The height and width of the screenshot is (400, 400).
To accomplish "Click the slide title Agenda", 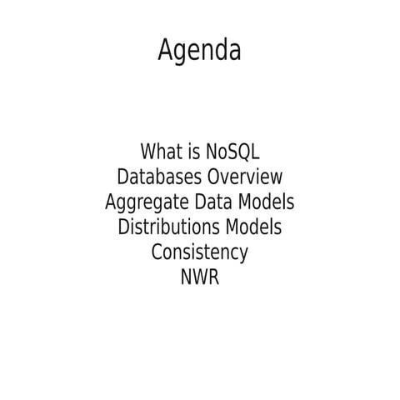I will pos(199,52).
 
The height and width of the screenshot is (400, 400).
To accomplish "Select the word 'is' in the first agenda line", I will pos(195,152).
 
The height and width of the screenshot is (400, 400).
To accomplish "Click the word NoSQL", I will pos(232,152).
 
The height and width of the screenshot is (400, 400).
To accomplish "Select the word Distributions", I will pos(170,227).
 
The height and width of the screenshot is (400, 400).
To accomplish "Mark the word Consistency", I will pos(199,252).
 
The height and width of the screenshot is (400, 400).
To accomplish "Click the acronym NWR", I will pos(199,277).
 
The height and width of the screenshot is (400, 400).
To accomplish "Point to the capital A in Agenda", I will pos(166,52).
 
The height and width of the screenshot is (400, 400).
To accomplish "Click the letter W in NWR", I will pos(200,277).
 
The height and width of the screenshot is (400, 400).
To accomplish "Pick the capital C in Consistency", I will pos(157,252).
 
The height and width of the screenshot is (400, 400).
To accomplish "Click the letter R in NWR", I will pos(213,277).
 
